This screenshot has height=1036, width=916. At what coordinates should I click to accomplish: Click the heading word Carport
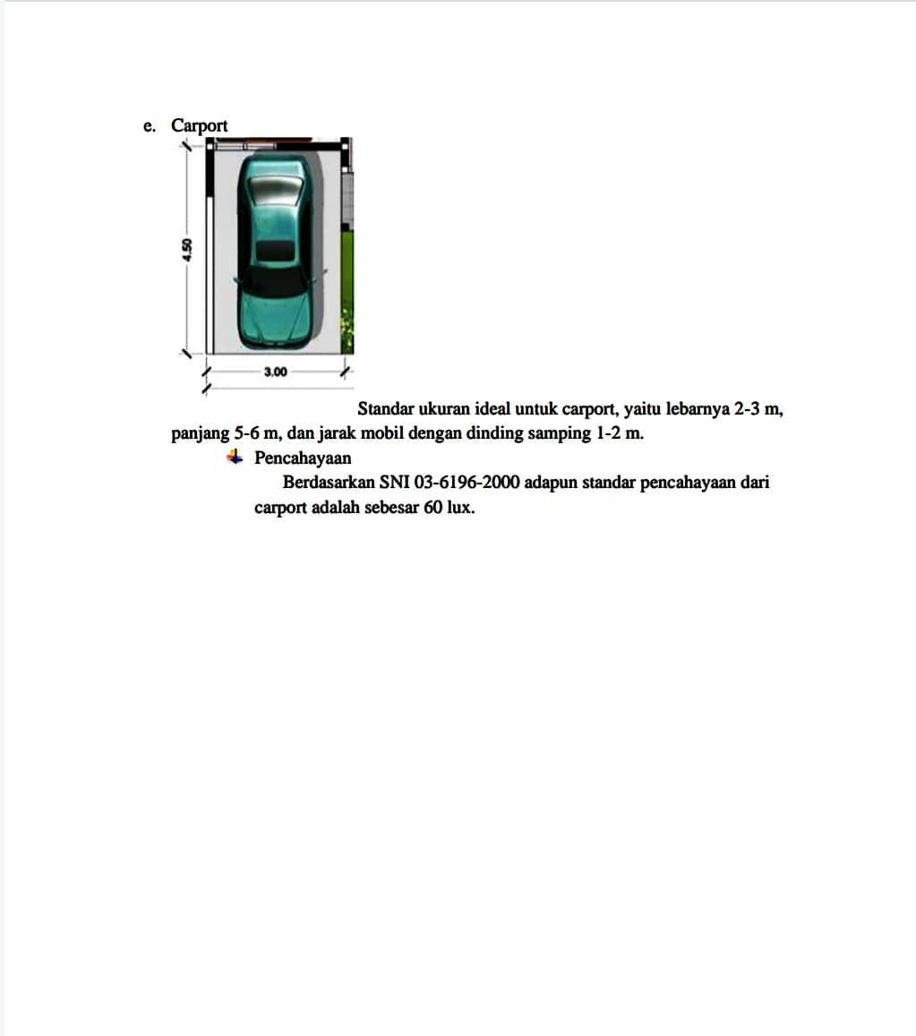(200, 125)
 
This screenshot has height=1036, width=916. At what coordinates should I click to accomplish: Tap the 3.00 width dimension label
(276, 372)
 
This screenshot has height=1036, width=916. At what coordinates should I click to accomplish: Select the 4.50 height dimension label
(187, 249)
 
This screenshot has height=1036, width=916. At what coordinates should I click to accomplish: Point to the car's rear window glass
(276, 191)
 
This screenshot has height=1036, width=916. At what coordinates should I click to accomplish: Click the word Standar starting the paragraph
(385, 409)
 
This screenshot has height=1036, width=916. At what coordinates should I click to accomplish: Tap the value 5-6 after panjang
(246, 433)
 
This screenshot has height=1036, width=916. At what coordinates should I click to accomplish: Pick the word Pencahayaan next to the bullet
(303, 458)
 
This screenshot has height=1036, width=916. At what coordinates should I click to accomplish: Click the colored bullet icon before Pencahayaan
(235, 458)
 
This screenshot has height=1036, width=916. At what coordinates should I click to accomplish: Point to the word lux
(459, 508)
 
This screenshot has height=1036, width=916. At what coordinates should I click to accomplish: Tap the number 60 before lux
(432, 508)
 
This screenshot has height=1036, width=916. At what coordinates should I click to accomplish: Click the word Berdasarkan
(328, 483)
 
